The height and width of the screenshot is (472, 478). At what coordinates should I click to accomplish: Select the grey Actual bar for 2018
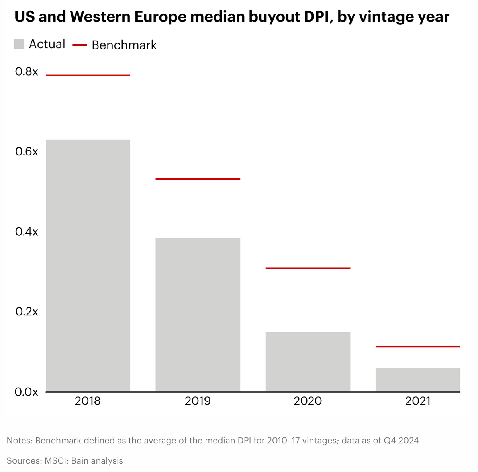pos(88,265)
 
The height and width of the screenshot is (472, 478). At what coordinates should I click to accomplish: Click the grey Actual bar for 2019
pos(198,314)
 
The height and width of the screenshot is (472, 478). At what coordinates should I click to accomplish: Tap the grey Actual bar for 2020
pos(308,361)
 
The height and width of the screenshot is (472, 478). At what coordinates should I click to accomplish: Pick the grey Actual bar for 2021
pos(417,380)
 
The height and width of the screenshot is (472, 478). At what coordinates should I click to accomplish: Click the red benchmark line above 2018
pos(88,75)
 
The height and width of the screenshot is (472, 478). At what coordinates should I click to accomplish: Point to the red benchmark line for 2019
pos(198,179)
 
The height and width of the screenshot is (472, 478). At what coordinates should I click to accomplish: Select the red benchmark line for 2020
pos(308,268)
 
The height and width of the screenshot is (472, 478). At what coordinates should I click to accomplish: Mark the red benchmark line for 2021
pos(417,347)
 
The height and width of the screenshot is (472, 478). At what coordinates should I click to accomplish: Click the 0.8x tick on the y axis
pos(26,72)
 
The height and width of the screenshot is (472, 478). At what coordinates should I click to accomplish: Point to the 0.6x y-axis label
pos(26,152)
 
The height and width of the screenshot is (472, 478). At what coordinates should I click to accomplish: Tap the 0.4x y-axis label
pos(26,232)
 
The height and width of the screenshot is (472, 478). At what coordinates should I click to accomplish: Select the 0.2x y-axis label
pos(26,311)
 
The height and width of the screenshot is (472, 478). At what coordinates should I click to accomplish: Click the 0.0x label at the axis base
pos(26,392)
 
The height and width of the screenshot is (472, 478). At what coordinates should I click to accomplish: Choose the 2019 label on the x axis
pos(198,401)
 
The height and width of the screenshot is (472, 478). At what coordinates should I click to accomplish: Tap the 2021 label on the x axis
pos(417,401)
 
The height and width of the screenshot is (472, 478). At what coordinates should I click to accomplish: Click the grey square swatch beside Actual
pos(19,44)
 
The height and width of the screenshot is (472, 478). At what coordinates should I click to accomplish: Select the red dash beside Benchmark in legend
pos(80,45)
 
